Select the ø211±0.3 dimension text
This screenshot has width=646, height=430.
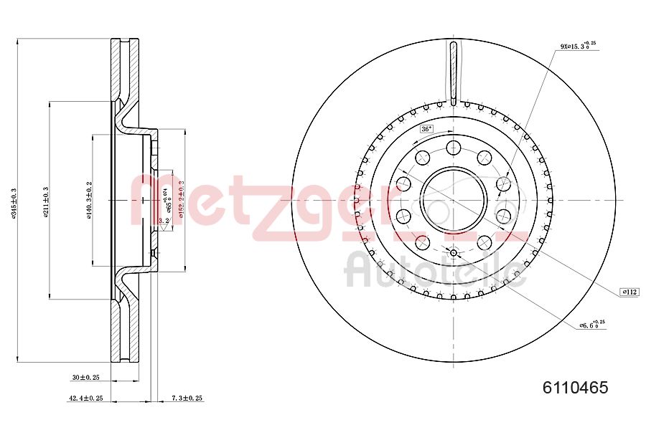45,203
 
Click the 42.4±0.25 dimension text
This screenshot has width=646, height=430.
85,398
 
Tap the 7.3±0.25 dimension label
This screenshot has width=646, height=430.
186,398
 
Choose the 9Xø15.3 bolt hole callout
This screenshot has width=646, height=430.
577,46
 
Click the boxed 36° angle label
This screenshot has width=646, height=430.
426,129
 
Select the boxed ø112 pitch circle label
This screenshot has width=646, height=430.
629,292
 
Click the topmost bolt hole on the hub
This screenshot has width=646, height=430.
453,148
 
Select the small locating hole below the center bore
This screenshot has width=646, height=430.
453,252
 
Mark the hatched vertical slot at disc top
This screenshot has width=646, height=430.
453,72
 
